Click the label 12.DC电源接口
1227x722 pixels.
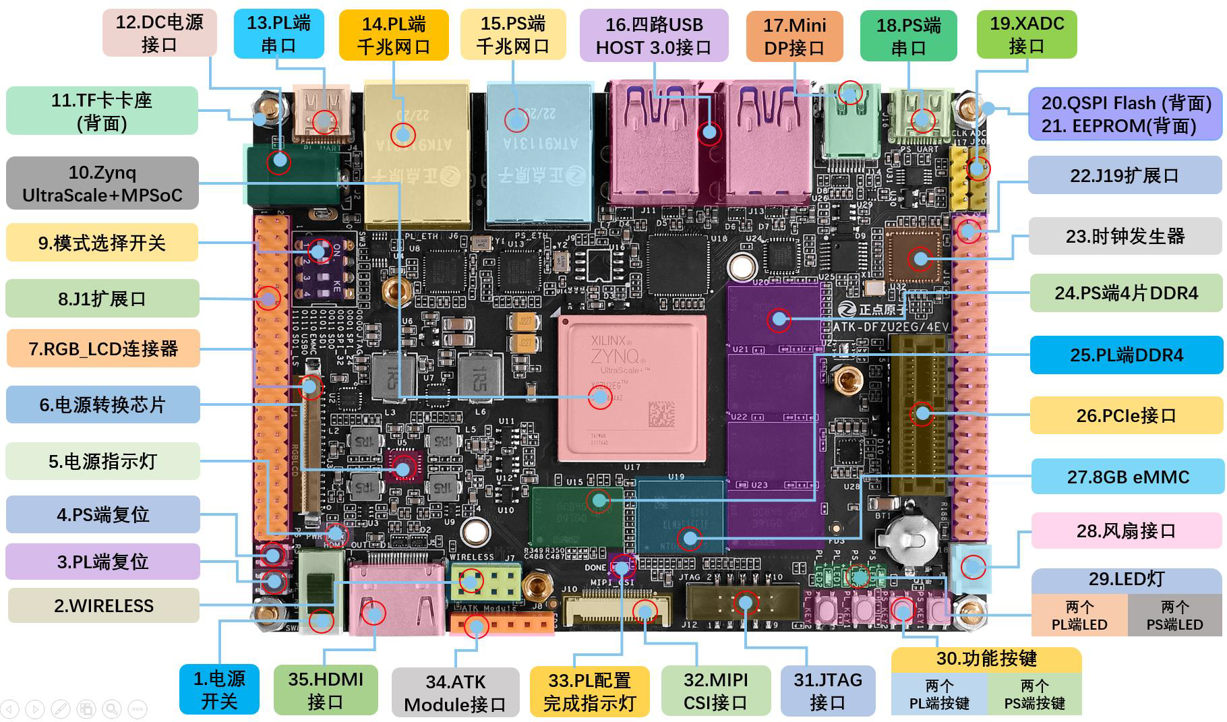point(159,33)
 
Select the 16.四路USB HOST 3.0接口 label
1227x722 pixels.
point(653,36)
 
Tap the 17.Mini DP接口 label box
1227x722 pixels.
point(794,36)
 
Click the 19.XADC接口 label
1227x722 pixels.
point(1026,34)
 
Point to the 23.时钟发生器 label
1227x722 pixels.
point(1125,236)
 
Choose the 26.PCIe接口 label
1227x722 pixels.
point(1126,415)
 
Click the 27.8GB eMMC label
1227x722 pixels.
point(1127,477)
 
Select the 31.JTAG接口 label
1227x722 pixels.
point(827,690)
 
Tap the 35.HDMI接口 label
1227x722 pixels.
point(325,690)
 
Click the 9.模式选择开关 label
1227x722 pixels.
point(102,243)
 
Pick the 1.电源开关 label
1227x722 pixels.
point(219,690)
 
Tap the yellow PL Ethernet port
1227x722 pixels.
point(416,155)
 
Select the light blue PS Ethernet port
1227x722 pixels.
point(539,154)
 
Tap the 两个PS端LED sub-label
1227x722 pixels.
point(1174,615)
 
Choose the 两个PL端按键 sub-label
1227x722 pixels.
point(939,694)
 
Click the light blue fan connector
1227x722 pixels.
point(971,565)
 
